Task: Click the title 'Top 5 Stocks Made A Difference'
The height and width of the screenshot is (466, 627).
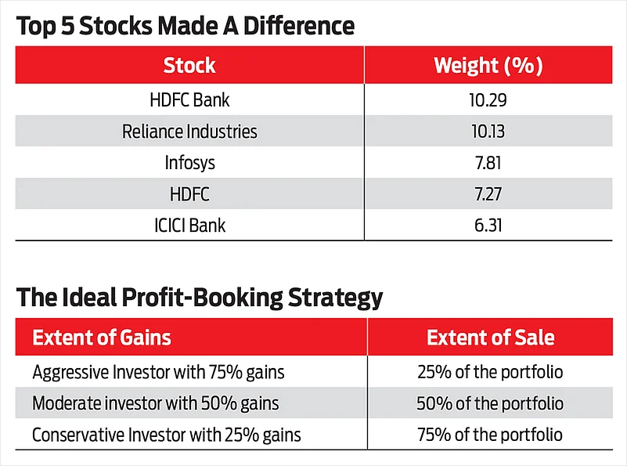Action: coord(186,26)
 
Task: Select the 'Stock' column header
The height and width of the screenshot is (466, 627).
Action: coord(189,65)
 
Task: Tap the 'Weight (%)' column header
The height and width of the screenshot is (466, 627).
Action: coord(488,65)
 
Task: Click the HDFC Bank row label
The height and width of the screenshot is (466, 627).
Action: coord(189,100)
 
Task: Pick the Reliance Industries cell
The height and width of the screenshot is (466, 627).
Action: coord(189,132)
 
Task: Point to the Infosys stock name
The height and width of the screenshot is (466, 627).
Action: coord(189,163)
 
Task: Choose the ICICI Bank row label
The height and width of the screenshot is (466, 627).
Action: coord(189,226)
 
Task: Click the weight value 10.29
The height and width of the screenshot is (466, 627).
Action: coord(488,100)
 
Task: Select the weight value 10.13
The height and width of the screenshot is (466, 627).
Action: coord(488,132)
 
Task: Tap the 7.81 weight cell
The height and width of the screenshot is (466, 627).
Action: coord(488,163)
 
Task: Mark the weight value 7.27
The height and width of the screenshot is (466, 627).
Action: coord(488,194)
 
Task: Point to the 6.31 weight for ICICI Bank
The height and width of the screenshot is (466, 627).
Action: coord(488,226)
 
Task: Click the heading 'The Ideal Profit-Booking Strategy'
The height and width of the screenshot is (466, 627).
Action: coord(200,298)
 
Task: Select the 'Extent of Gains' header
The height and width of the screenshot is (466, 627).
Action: coord(102,338)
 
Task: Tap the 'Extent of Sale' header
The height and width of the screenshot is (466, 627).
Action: coord(490,338)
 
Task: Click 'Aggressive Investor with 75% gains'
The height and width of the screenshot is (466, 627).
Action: coord(159,372)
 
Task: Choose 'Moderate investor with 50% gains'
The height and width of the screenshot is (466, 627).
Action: coord(156,403)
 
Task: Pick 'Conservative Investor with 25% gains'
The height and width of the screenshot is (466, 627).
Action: coord(167,435)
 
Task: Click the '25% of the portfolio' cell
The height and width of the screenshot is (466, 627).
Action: coord(490,372)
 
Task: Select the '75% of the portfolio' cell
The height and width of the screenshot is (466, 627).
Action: coord(490,435)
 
